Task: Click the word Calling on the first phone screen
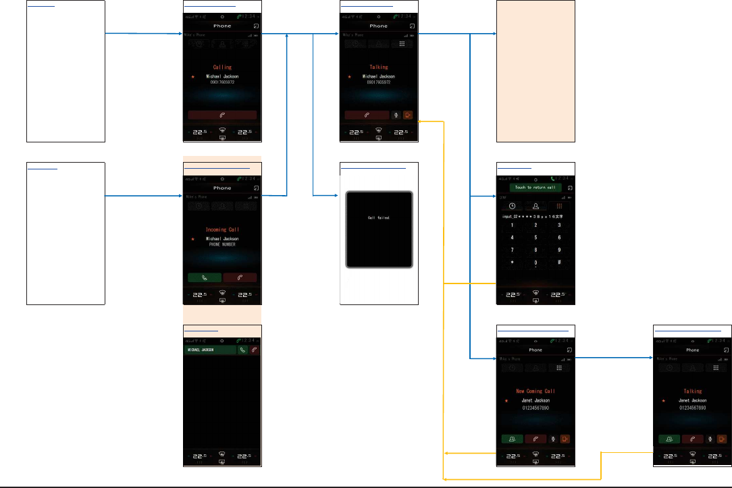[x=222, y=67]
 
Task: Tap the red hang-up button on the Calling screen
[x=222, y=115]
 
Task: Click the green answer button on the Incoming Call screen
[x=205, y=277]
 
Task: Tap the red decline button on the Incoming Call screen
[x=240, y=277]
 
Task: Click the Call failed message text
[x=378, y=218]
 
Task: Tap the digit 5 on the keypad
[x=535, y=238]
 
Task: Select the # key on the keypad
[x=559, y=262]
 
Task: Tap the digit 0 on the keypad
[x=535, y=262]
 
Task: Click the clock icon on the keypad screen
[x=512, y=205]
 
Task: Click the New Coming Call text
[x=535, y=391]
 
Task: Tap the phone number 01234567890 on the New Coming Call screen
[x=535, y=408]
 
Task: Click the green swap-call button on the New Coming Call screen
[x=512, y=439]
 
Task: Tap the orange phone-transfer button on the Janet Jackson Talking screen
[x=722, y=439]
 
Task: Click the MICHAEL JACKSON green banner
[x=210, y=350]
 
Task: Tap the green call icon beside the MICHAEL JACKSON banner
[x=242, y=350]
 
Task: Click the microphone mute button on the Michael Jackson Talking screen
[x=396, y=115]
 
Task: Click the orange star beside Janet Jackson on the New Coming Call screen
[x=506, y=401]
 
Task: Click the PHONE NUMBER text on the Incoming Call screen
[x=222, y=244]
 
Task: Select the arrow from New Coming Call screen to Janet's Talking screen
[x=615, y=358]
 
